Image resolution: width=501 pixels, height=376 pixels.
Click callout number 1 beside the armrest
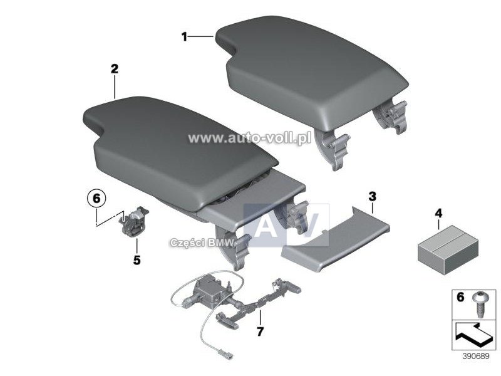tap(184, 37)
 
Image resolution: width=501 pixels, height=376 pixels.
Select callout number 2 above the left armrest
tap(115, 69)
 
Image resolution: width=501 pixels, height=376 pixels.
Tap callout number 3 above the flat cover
tap(372, 197)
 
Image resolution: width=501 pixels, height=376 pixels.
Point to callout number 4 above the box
tap(438, 213)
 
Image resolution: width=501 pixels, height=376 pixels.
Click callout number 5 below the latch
tap(137, 260)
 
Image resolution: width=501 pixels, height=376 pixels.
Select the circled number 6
tap(96, 199)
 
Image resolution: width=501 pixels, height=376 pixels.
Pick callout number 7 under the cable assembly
tap(260, 332)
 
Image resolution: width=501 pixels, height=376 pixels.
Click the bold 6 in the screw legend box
tap(460, 297)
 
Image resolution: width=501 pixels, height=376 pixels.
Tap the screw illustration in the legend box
tap(478, 304)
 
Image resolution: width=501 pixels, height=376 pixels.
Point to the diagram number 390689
tap(476, 356)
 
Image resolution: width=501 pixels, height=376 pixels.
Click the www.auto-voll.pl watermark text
tap(249, 138)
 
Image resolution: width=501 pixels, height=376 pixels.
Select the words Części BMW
tap(202, 243)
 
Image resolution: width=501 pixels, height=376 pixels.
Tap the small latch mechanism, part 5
tap(133, 221)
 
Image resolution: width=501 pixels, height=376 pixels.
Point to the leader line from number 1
tap(200, 37)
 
